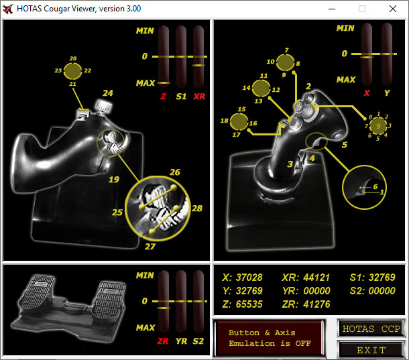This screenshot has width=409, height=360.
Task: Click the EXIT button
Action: (371, 349)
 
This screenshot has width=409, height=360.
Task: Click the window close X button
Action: (393, 9)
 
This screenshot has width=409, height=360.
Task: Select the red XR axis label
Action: (199, 97)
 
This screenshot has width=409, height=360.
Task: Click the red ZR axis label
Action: (163, 341)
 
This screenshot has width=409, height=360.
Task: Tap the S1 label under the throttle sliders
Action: (181, 97)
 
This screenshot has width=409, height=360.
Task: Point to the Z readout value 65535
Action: (249, 304)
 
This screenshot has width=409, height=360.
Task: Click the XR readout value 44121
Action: (316, 278)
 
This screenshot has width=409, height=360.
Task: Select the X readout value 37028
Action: (249, 278)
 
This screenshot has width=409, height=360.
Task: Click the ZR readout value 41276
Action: (317, 304)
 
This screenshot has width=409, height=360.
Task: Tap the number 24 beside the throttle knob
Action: (108, 93)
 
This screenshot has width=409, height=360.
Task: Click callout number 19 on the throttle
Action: (114, 180)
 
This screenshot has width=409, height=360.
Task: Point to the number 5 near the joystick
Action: (345, 145)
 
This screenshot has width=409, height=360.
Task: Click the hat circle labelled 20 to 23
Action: (73, 71)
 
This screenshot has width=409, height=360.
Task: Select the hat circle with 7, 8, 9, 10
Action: (286, 62)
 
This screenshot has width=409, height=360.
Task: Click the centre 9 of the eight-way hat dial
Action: (378, 126)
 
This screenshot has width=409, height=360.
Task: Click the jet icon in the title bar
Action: (8, 9)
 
